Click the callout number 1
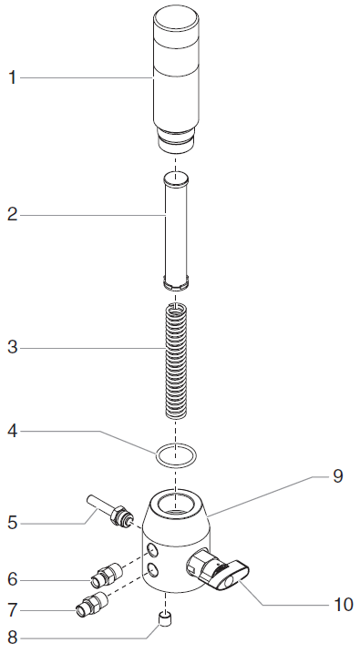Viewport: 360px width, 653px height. (x=12, y=78)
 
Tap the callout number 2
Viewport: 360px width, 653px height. (x=12, y=215)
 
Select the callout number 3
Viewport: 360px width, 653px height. (x=12, y=348)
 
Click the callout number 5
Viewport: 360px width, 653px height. (x=12, y=524)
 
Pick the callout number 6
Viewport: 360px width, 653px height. (x=12, y=579)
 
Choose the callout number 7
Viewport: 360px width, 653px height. (x=12, y=608)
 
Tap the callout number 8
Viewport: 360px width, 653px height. (x=12, y=637)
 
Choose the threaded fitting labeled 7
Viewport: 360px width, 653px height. (x=92, y=604)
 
